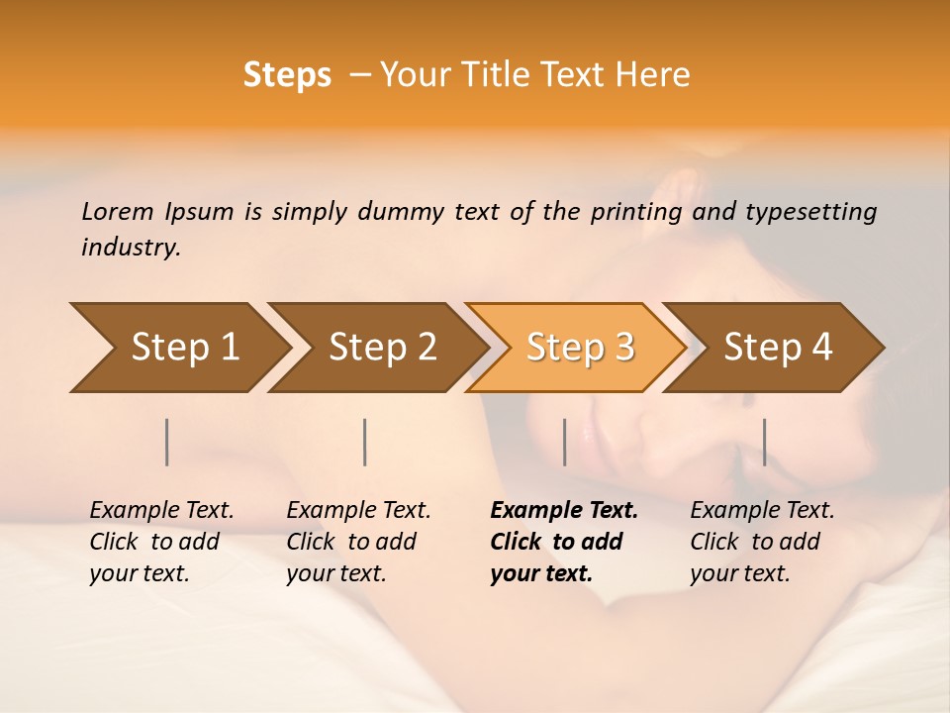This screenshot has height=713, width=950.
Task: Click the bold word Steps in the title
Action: tap(287, 75)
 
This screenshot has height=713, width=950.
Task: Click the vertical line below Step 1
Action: tap(167, 442)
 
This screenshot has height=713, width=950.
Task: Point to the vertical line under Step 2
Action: tap(365, 442)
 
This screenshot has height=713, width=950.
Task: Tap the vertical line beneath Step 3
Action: tap(564, 442)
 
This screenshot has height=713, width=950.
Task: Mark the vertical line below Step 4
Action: tap(764, 442)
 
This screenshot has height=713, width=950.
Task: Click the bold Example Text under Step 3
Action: tap(564, 510)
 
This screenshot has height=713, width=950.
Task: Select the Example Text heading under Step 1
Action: tap(161, 510)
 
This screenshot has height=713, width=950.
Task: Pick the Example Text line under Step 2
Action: tap(358, 510)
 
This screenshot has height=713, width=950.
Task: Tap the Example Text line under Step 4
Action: tap(762, 510)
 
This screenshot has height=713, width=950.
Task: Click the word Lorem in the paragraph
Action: tap(118, 211)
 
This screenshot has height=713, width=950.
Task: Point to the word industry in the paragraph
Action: tap(131, 247)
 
